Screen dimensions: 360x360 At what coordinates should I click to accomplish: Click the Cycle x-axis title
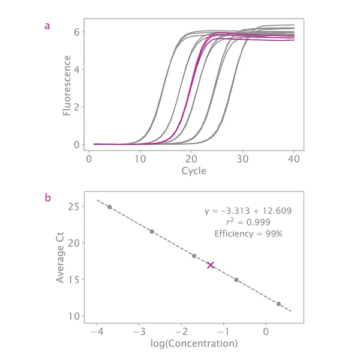[194, 171]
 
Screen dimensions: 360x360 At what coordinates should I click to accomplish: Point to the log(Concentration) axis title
[194, 344]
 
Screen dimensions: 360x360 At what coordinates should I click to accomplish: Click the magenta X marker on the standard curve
[211, 265]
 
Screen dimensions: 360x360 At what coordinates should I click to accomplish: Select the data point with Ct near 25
[109, 207]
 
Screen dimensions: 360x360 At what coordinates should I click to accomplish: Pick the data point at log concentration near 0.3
[278, 304]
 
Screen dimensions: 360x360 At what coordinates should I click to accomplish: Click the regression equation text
[248, 211]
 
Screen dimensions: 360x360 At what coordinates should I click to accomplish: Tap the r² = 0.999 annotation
[248, 222]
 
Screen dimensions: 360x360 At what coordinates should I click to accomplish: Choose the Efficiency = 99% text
[248, 233]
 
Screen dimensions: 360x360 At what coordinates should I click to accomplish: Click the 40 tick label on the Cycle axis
[294, 159]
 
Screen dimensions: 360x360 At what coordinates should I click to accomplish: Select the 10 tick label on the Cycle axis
[140, 159]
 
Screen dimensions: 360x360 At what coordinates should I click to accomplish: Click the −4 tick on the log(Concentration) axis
[96, 332]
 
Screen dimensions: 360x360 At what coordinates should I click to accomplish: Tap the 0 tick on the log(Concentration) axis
[266, 332]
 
